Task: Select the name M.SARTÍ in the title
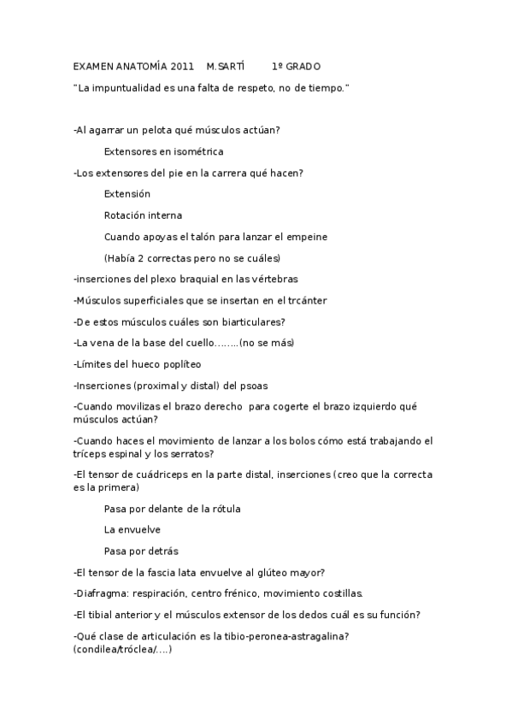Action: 226,67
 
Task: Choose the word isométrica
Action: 197,152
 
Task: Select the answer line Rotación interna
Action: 143,215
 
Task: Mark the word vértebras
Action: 273,279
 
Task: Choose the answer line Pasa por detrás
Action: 141,551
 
